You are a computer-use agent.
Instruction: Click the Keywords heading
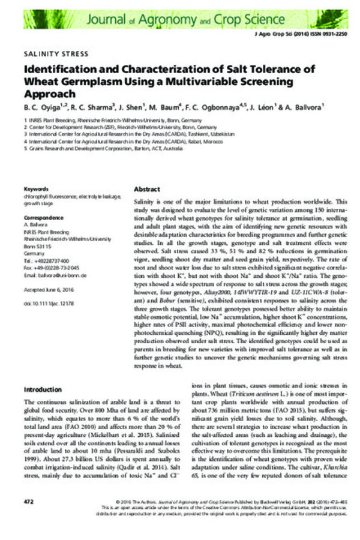click(35, 189)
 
